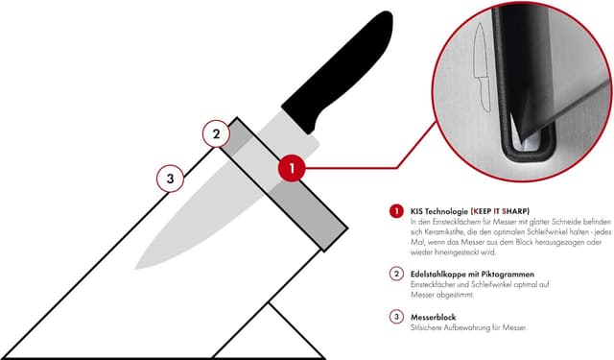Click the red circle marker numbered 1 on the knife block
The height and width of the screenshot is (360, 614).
click(x=292, y=168)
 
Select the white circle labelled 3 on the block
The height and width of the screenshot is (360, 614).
click(x=171, y=179)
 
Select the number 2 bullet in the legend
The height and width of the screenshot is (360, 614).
click(x=395, y=274)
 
